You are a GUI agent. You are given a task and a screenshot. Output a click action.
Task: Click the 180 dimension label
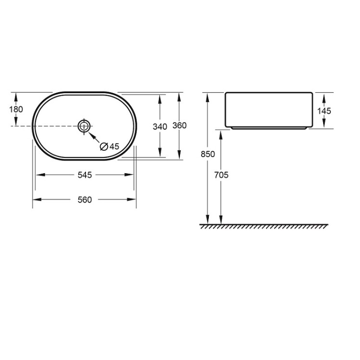pyautogui.click(x=16, y=109)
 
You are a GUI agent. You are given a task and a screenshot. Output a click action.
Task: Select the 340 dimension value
pyautogui.click(x=159, y=127)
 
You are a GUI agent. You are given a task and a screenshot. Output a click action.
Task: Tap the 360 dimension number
pyautogui.click(x=179, y=126)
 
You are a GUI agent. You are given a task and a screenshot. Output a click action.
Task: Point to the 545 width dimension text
pyautogui.click(x=84, y=175)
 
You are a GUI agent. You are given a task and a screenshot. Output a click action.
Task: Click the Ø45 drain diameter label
pyautogui.click(x=109, y=146)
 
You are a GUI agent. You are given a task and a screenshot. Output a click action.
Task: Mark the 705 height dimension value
pyautogui.click(x=221, y=175)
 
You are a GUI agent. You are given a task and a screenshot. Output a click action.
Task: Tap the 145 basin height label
pyautogui.click(x=324, y=110)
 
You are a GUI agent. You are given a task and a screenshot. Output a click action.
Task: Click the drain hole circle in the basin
pyautogui.click(x=84, y=126)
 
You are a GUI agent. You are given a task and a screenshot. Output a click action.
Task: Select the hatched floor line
pyautogui.click(x=264, y=226)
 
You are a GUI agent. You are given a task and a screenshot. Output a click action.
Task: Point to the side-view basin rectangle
pyautogui.click(x=268, y=109)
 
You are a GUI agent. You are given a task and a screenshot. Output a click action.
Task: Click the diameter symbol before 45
pyautogui.click(x=104, y=146)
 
